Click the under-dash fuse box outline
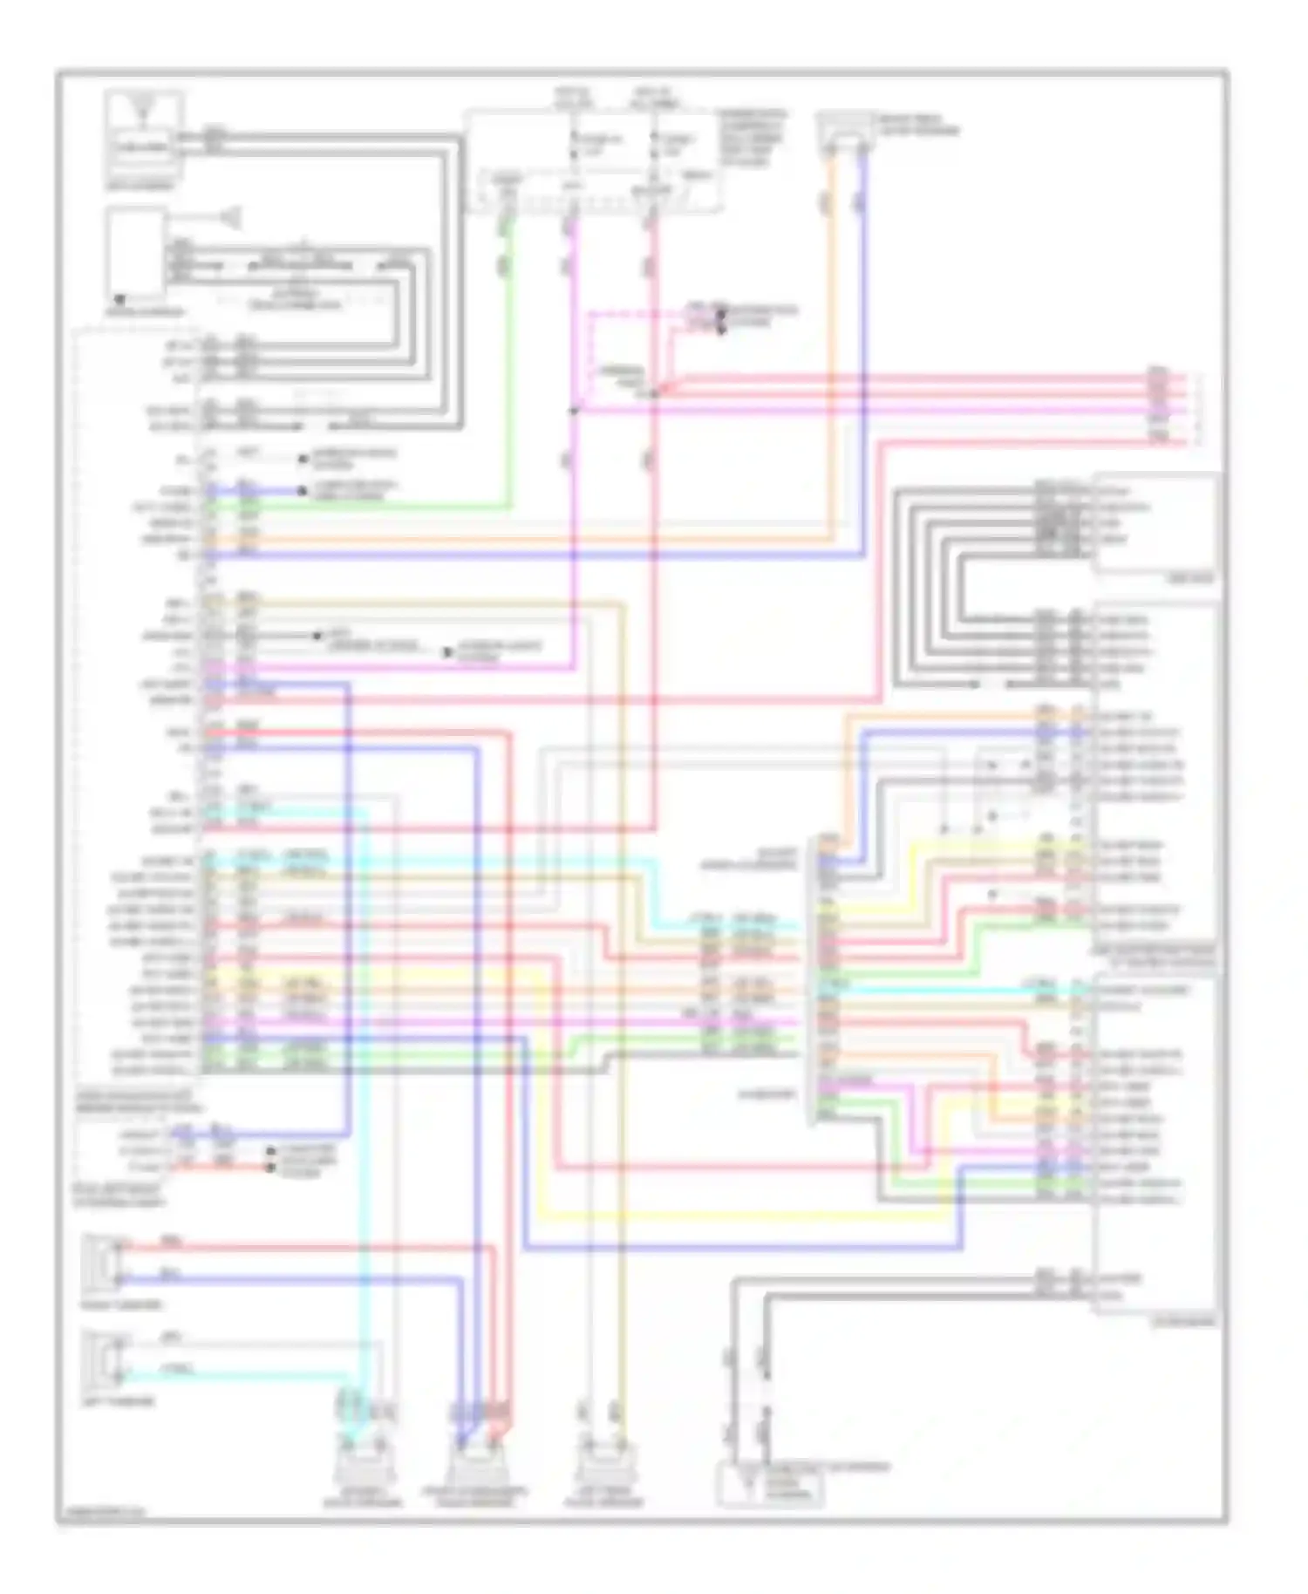(x=593, y=161)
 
